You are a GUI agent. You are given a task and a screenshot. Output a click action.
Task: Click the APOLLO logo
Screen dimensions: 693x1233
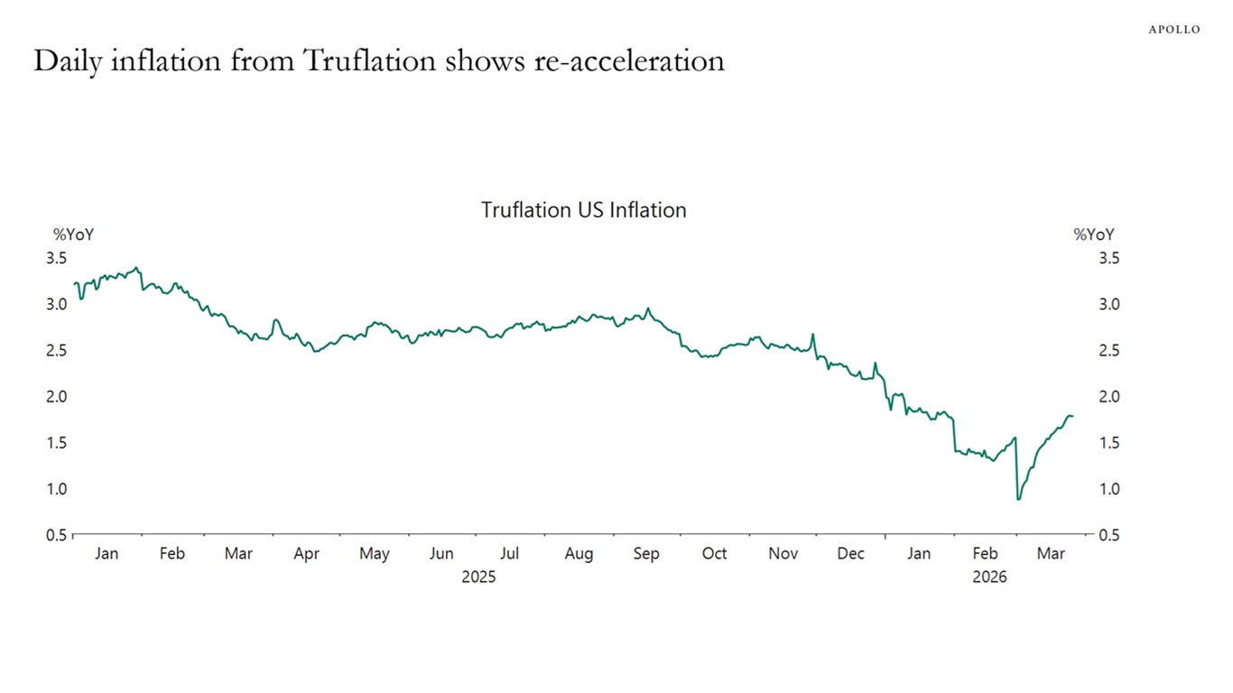click(x=1173, y=30)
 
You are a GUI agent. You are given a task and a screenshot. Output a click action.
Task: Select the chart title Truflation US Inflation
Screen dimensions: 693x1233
click(x=583, y=210)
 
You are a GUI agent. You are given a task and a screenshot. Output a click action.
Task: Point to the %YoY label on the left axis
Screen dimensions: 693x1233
click(x=73, y=235)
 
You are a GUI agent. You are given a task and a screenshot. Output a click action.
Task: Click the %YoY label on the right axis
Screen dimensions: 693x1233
click(x=1093, y=235)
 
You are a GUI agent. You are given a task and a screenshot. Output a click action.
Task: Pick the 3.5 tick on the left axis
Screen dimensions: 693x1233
click(x=57, y=259)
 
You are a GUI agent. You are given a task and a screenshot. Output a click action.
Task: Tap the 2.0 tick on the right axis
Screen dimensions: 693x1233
click(x=1109, y=397)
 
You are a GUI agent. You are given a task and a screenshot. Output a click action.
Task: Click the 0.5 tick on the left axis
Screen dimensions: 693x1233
click(x=57, y=535)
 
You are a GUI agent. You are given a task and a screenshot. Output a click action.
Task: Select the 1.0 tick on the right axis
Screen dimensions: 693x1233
click(x=1109, y=489)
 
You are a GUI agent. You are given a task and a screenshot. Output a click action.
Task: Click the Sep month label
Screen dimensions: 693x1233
click(x=646, y=554)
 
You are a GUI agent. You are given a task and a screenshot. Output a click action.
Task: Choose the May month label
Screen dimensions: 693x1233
click(x=375, y=554)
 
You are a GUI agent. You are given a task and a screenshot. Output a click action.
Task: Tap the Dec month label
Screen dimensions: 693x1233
click(x=850, y=554)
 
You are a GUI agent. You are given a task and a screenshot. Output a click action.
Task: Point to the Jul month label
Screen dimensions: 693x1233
click(x=510, y=554)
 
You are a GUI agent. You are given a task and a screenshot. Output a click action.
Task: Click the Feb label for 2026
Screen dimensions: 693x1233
click(x=985, y=554)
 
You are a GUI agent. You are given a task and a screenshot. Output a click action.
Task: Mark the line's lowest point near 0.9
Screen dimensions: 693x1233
click(x=1018, y=499)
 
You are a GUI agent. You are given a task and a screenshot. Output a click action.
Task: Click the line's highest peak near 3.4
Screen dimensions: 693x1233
click(x=136, y=267)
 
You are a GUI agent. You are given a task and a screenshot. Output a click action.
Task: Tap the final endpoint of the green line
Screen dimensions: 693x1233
click(x=1072, y=416)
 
